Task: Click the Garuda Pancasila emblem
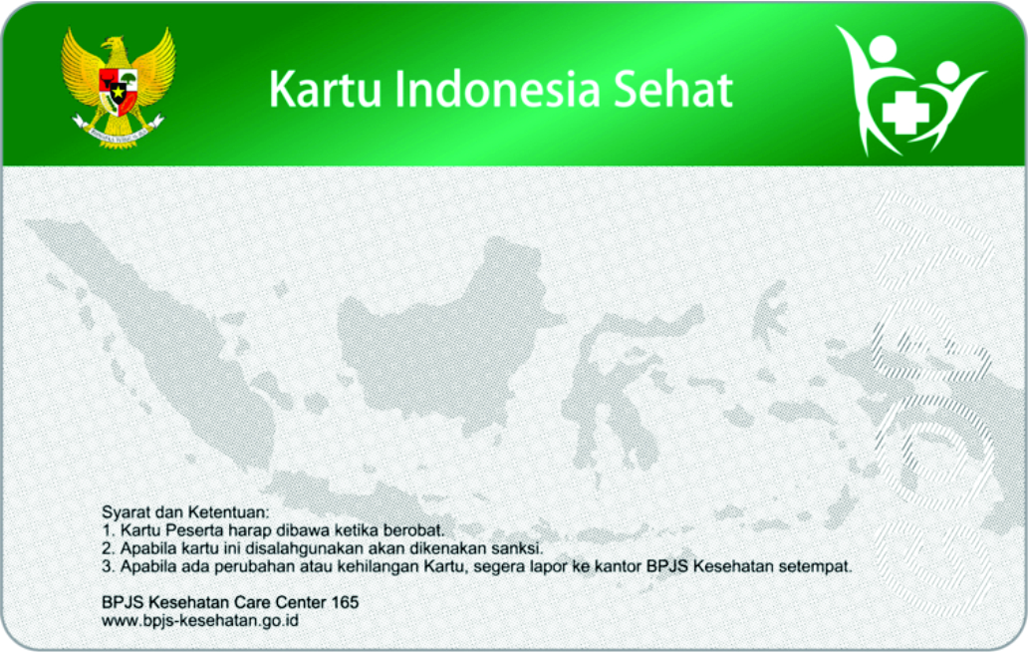click(x=118, y=86)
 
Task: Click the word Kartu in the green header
click(x=327, y=90)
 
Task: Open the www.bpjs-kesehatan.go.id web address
click(x=200, y=621)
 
